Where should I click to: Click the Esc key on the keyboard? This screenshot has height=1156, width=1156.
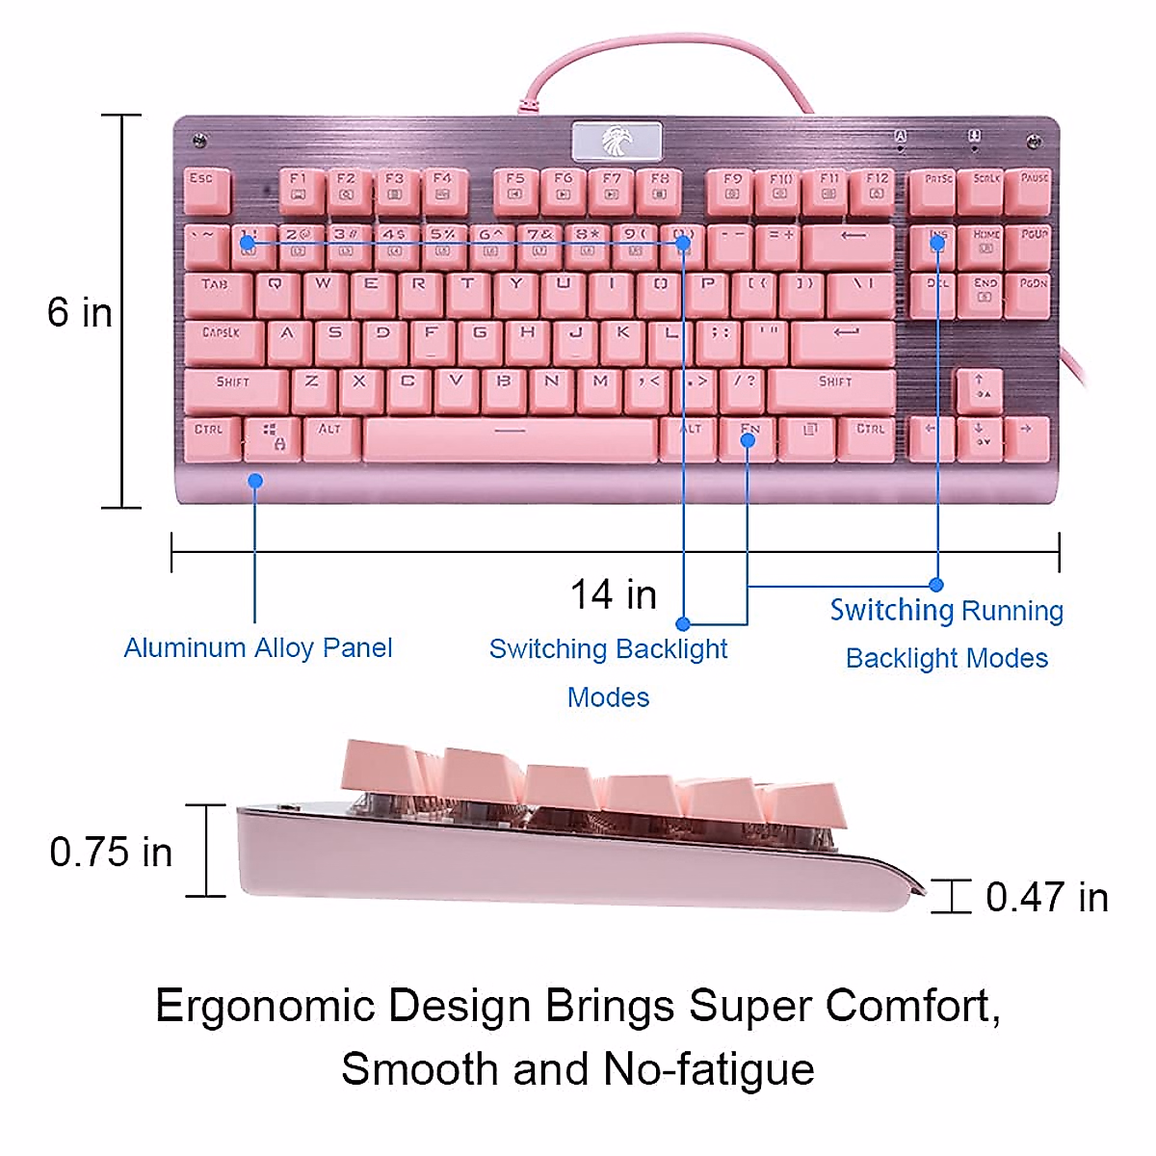click(x=206, y=188)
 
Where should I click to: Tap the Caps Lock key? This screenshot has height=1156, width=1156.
click(x=223, y=340)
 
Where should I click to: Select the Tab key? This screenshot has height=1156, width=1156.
click(x=216, y=292)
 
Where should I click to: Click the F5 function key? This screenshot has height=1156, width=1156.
click(x=515, y=188)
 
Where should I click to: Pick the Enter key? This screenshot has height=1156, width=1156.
click(x=844, y=340)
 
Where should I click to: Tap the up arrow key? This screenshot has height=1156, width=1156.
click(x=979, y=388)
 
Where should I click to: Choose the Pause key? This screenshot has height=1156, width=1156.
click(x=1034, y=188)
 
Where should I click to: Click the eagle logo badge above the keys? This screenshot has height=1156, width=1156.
click(x=617, y=142)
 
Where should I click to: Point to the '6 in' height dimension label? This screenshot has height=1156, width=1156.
click(x=80, y=313)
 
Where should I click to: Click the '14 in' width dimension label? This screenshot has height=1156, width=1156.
click(x=614, y=594)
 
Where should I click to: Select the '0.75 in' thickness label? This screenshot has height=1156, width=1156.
click(x=111, y=853)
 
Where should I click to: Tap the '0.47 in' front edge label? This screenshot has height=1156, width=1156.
click(x=1046, y=897)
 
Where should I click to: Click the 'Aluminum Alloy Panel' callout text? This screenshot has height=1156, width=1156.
click(x=258, y=647)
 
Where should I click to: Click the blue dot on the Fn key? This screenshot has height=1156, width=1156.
click(x=749, y=440)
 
